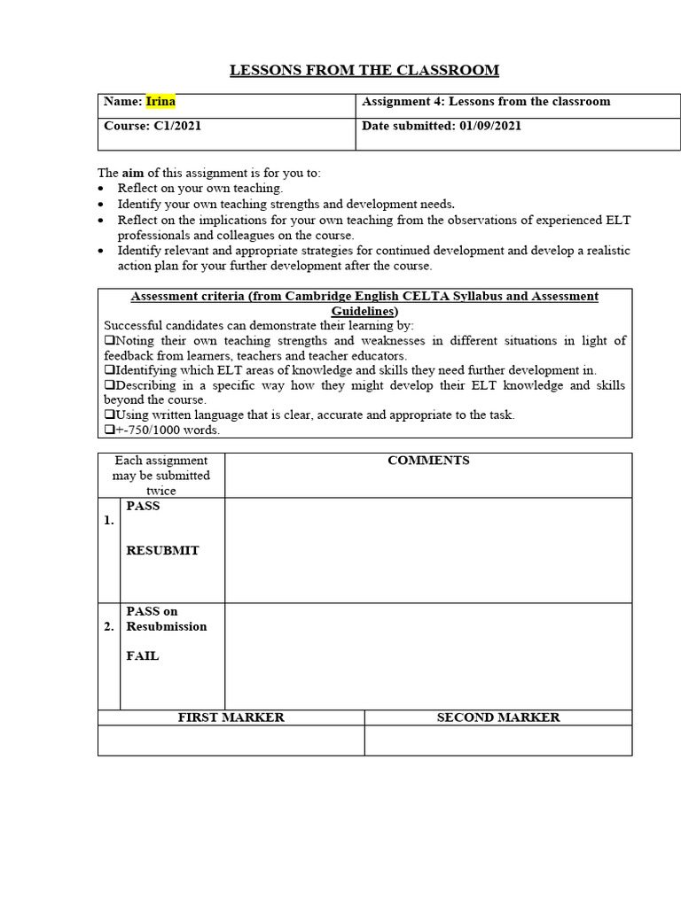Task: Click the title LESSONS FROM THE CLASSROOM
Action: pyautogui.click(x=364, y=70)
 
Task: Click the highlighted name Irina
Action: pyautogui.click(x=160, y=102)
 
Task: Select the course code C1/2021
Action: pyautogui.click(x=176, y=126)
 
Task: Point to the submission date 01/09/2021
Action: pyautogui.click(x=490, y=126)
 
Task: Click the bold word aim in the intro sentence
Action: pyautogui.click(x=133, y=173)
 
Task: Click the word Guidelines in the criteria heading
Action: pyautogui.click(x=364, y=312)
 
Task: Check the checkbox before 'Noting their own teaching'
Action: pyautogui.click(x=109, y=341)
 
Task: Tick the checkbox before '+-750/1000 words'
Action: pyautogui.click(x=109, y=430)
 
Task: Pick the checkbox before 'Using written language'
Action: pyautogui.click(x=109, y=415)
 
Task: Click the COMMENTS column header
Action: pyautogui.click(x=428, y=461)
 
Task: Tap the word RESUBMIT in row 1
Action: pyautogui.click(x=162, y=550)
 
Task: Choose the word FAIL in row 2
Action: pyautogui.click(x=143, y=656)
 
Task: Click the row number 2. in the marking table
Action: pyautogui.click(x=108, y=626)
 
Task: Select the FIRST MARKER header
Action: pyautogui.click(x=231, y=717)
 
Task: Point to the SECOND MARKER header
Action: pyautogui.click(x=498, y=717)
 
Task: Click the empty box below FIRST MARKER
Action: pyautogui.click(x=231, y=740)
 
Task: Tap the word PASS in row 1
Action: pyautogui.click(x=143, y=507)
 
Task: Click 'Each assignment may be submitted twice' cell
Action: pyautogui.click(x=161, y=476)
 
